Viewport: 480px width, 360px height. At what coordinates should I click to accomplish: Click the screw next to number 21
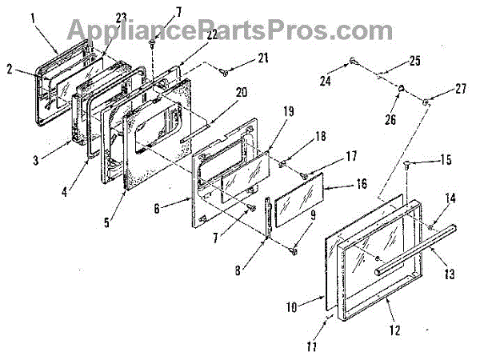click(224, 73)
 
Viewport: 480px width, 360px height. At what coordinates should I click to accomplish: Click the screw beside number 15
click(408, 165)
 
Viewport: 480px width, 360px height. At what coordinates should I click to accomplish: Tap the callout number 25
click(414, 59)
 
